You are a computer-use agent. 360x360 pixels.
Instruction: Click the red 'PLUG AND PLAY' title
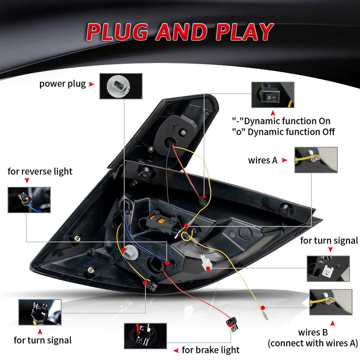coord(180,32)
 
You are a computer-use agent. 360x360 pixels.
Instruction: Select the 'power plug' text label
coord(63,84)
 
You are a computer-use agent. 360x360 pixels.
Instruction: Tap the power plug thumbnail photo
coord(121,86)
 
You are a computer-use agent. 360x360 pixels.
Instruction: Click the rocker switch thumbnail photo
coord(273,94)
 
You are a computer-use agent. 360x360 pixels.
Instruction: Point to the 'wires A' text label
coord(262,160)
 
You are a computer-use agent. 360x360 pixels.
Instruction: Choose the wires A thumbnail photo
coord(316,160)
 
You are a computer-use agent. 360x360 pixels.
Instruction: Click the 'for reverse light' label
coord(40,171)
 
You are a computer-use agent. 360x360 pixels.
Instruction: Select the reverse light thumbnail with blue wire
coord(29,200)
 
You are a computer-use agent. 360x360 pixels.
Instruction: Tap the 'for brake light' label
coord(210,350)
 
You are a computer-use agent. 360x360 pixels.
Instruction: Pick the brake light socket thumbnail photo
coord(145,336)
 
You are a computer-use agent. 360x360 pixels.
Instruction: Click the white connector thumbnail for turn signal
coord(329,269)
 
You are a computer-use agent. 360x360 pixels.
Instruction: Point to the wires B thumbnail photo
coord(331,302)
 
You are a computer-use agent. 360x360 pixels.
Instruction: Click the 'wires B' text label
coord(313,332)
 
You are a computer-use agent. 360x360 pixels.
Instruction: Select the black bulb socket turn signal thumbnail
coord(40,312)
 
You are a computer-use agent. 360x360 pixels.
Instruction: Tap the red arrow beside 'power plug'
coord(91,84)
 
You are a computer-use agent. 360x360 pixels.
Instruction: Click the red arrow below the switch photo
coord(273,113)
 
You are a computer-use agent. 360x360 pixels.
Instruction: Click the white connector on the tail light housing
coord(206,262)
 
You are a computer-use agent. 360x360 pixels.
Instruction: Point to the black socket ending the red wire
coord(233,324)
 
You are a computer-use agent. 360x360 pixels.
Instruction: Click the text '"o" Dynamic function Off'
coord(283,132)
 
